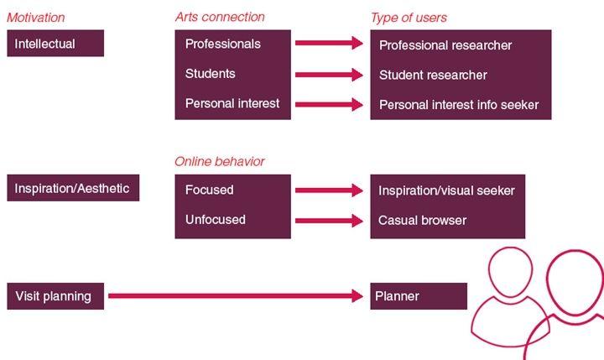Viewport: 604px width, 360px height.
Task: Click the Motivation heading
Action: tap(35, 17)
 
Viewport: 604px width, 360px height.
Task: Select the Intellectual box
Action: tap(55, 44)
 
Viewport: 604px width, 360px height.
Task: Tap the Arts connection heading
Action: tap(220, 17)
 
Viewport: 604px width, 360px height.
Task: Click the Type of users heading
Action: tap(409, 17)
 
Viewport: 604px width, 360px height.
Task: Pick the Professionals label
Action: tap(223, 44)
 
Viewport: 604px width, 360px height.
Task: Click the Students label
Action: tap(211, 74)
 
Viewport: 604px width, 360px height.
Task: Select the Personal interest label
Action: tap(232, 104)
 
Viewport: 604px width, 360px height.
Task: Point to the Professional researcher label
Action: tap(445, 44)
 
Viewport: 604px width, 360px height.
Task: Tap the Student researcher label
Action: tap(433, 75)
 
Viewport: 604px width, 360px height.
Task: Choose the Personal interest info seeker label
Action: tap(459, 105)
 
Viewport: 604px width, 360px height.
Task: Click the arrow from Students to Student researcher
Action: tap(329, 75)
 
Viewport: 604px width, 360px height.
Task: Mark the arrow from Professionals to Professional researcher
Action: tap(329, 44)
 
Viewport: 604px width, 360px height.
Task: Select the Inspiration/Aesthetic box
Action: tap(72, 188)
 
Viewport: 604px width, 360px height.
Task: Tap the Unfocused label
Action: tap(216, 220)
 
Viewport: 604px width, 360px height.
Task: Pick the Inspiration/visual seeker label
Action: tap(447, 190)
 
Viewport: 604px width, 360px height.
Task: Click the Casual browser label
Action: tap(423, 221)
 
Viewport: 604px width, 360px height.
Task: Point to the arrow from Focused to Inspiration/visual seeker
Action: tap(329, 190)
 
